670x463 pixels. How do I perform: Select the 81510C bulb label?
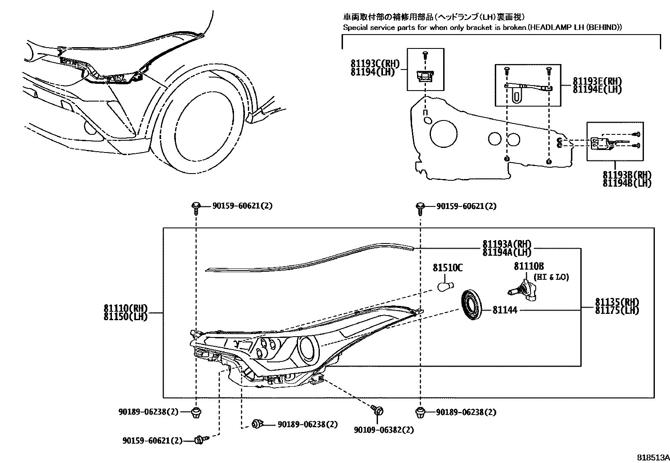(x=448, y=268)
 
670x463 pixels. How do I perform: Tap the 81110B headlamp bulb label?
(x=529, y=266)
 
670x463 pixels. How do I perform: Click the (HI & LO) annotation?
(x=551, y=277)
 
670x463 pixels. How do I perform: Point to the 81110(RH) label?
(x=125, y=308)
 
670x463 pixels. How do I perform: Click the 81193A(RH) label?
(x=507, y=244)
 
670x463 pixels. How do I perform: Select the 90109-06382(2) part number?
(x=383, y=430)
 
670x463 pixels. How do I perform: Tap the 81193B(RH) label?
(x=627, y=175)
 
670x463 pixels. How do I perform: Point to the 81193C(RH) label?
(x=375, y=64)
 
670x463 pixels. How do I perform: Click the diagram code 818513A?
(x=652, y=457)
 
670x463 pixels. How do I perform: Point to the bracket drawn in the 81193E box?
(x=528, y=87)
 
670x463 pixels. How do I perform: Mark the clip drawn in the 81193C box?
(x=425, y=75)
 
